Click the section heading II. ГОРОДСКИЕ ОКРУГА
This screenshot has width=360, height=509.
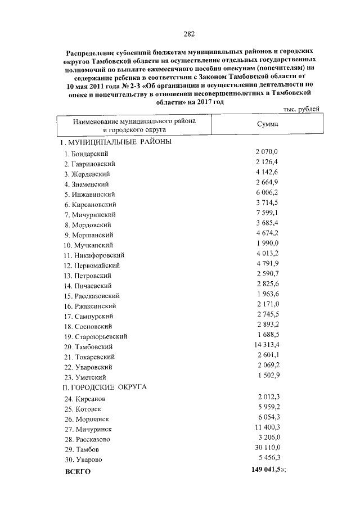105,388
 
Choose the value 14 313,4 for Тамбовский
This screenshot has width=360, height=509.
267,345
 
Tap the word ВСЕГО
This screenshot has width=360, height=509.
78,471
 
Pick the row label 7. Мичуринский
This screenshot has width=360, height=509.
90,215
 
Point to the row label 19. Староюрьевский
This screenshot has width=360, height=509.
95,336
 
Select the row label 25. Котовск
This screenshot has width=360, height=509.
84,409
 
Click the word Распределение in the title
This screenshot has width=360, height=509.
91,50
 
